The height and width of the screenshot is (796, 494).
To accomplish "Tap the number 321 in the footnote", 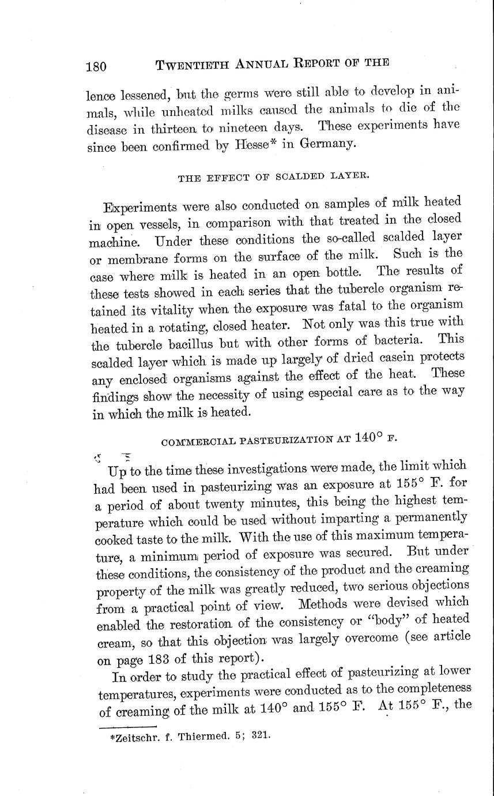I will [x=260, y=736].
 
